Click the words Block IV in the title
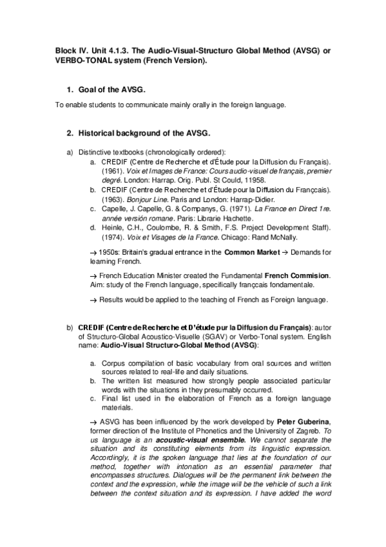coord(65,51)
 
